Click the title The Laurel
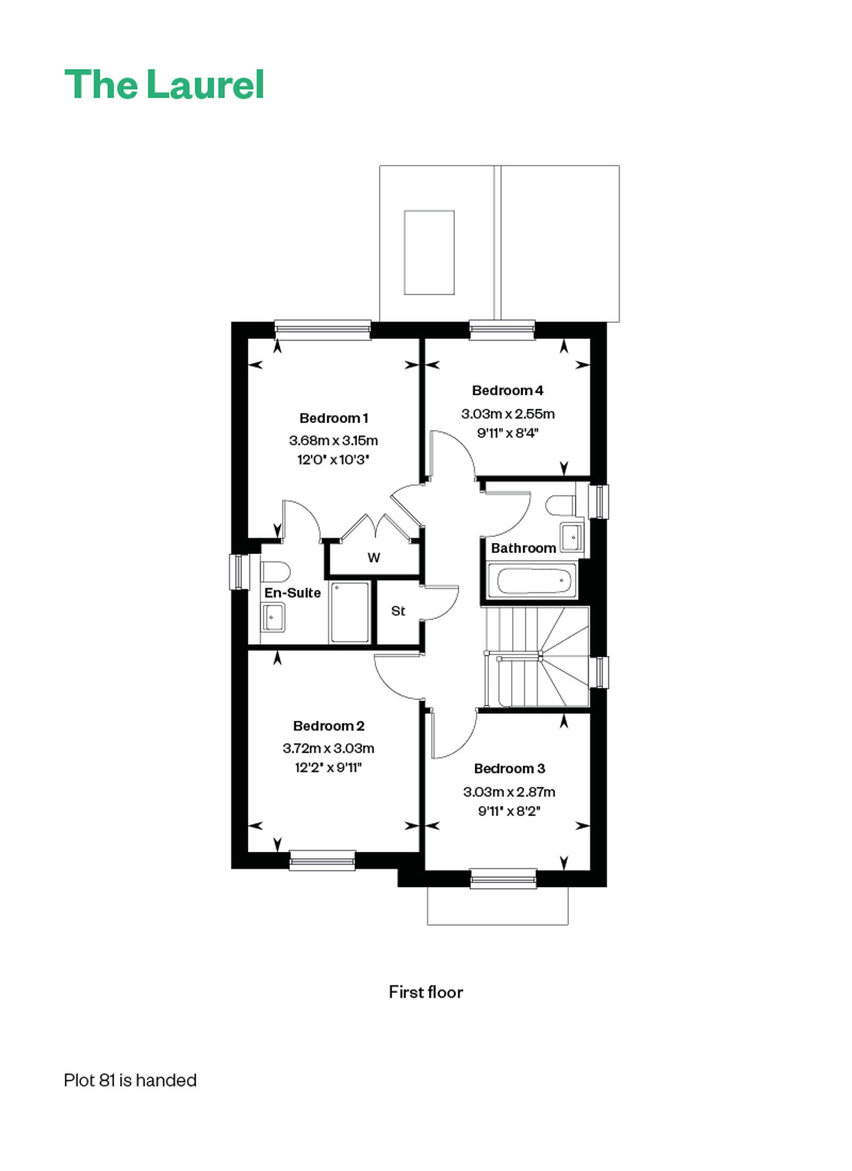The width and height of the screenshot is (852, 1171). click(164, 85)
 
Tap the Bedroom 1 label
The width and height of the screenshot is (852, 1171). click(334, 419)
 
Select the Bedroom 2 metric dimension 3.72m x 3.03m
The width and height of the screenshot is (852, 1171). click(328, 748)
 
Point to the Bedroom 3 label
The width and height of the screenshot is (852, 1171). click(509, 768)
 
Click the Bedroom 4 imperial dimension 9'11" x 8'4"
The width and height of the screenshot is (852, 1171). click(508, 433)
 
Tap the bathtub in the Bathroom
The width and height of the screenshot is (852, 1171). click(532, 580)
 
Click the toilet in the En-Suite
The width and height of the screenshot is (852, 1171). click(275, 571)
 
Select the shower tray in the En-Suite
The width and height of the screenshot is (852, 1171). click(350, 612)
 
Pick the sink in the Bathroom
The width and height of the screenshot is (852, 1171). click(572, 537)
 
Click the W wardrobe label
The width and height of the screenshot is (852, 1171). click(374, 558)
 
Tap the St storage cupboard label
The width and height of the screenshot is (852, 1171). click(398, 611)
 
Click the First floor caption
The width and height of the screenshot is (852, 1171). click(426, 992)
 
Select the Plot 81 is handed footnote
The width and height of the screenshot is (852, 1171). click(130, 1080)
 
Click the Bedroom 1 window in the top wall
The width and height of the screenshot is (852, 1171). click(323, 330)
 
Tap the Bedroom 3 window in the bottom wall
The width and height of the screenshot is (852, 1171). click(503, 879)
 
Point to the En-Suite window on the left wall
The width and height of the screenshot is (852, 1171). click(239, 572)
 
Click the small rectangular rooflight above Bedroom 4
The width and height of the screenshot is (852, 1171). click(429, 253)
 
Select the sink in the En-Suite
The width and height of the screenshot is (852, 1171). click(273, 617)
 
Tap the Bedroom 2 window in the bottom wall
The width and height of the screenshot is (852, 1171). click(323, 860)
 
